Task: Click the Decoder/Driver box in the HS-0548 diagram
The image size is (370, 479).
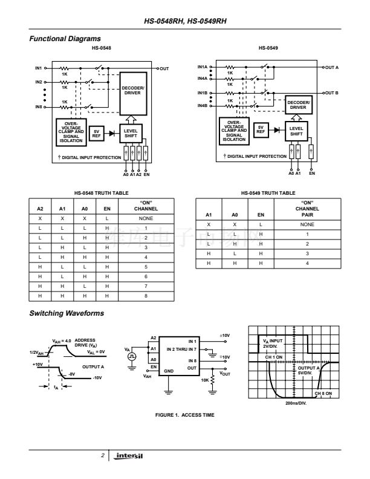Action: click(133, 91)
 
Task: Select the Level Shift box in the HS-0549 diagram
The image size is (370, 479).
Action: click(297, 131)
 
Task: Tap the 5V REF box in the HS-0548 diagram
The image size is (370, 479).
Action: click(96, 133)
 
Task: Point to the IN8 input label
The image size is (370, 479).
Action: click(38, 107)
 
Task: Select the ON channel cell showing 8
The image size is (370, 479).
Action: click(145, 296)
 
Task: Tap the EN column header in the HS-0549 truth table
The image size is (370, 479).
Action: click(261, 214)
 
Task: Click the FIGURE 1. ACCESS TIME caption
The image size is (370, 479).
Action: click(185, 415)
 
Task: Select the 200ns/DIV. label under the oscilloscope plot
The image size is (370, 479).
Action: click(296, 402)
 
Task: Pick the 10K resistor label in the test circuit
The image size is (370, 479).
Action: click(206, 380)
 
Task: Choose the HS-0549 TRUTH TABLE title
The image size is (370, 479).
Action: click(268, 193)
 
